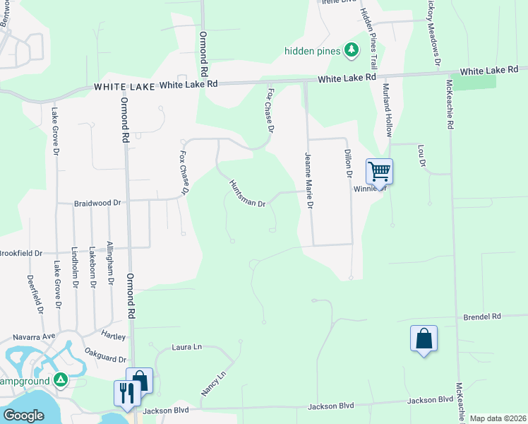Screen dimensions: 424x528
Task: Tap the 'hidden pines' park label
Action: (x=313, y=51)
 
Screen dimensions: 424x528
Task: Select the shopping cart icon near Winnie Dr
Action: (x=379, y=172)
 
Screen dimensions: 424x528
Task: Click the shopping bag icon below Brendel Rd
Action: (x=424, y=338)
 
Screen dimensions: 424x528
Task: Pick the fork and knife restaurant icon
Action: (x=127, y=392)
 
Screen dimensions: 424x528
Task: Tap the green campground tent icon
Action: (x=61, y=380)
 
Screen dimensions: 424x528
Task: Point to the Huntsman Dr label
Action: (x=247, y=193)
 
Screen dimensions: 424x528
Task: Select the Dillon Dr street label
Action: (x=347, y=163)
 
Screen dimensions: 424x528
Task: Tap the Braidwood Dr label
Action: (x=98, y=203)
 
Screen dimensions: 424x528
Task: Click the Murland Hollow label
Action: (x=387, y=110)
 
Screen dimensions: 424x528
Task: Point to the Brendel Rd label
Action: (x=481, y=317)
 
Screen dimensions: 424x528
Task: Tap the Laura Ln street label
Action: (x=187, y=347)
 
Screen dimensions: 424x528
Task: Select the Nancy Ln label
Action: (x=212, y=382)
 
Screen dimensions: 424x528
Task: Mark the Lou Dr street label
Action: (x=422, y=157)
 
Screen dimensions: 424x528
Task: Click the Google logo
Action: (x=23, y=416)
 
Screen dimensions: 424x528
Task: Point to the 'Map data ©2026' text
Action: (x=497, y=418)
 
